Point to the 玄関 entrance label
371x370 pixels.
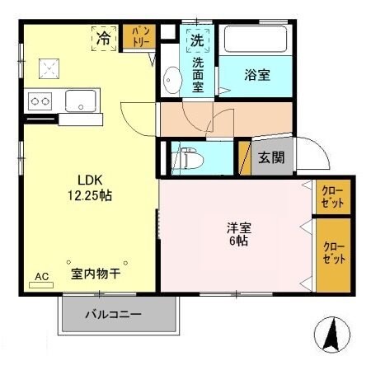pyautogui.click(x=271, y=157)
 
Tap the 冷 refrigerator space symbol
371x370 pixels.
pyautogui.click(x=104, y=38)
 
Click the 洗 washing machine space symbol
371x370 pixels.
pyautogui.click(x=198, y=39)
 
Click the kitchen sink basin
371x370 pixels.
pyautogui.click(x=80, y=101)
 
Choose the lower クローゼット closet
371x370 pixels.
pyautogui.click(x=333, y=253)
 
